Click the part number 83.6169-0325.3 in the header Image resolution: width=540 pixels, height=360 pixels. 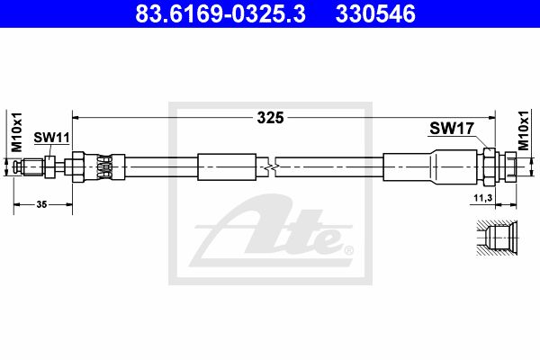tap(220, 13)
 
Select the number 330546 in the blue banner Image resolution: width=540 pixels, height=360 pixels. tap(375, 13)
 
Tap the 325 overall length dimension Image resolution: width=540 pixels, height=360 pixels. tap(270, 118)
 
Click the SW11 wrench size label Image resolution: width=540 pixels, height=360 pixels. tap(51, 138)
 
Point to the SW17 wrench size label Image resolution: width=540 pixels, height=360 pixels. tap(452, 129)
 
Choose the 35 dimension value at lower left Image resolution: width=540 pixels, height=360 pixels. tap(41, 204)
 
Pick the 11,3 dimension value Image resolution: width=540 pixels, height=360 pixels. tap(482, 198)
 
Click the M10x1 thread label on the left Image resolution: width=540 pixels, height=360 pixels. tap(16, 132)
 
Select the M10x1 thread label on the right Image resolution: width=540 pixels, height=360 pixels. tap(524, 130)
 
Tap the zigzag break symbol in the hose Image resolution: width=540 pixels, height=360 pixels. tap(272, 167)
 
